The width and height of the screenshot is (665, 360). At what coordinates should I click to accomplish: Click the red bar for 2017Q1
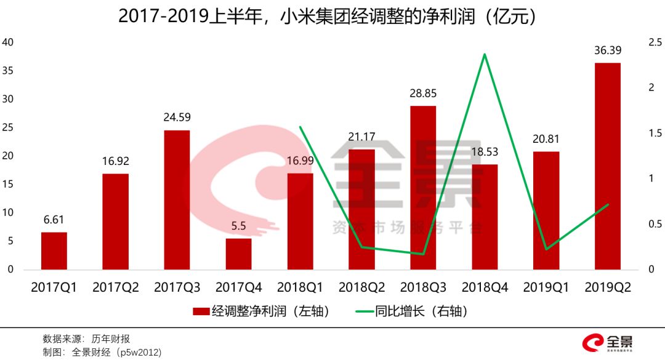pos(54,251)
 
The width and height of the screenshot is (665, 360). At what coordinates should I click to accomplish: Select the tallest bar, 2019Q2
pos(608,166)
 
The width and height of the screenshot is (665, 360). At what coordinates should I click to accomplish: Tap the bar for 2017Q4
pos(238,254)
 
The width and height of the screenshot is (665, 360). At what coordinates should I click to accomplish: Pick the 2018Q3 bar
pos(423,188)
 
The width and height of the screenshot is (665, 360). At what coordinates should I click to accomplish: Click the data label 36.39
pos(608,52)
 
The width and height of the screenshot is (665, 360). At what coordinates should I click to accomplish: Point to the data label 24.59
pos(177,117)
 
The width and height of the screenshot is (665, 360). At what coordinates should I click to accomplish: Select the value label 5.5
pos(238,226)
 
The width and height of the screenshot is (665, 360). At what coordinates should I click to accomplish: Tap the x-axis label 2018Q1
pos(300,287)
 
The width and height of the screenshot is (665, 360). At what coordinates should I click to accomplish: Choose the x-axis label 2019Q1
pos(546,287)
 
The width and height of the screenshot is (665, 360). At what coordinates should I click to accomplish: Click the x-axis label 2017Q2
pos(115,287)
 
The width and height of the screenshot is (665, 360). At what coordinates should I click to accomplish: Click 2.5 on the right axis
pos(655,42)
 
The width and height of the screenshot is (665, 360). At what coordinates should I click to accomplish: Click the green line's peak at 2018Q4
pos(485,54)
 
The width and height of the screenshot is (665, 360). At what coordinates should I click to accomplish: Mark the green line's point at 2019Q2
pos(608,204)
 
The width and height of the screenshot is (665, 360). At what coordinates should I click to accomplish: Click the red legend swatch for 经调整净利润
pos(201,312)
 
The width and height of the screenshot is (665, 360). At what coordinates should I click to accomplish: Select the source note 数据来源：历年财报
pos(86,339)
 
